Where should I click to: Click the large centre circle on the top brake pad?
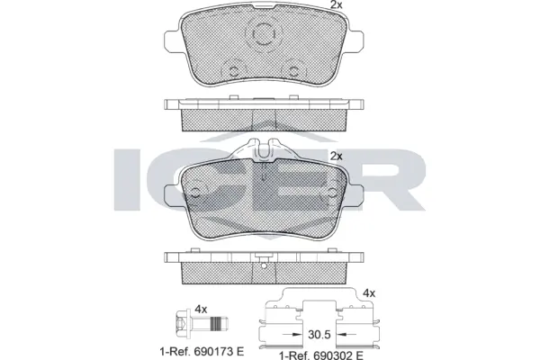tap(264, 35)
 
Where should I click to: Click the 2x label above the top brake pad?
tap(336, 6)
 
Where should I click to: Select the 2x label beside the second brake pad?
tap(336, 155)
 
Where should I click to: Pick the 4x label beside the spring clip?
tap(368, 292)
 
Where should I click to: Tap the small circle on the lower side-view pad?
tap(263, 265)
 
